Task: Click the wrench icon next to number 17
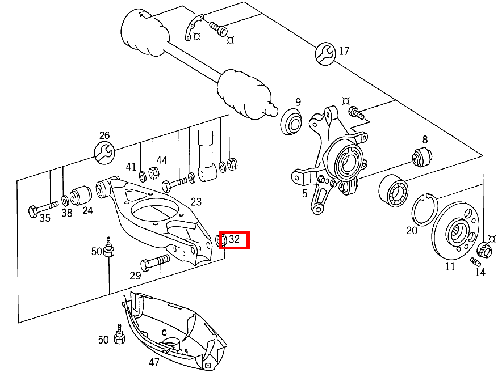click(x=326, y=53)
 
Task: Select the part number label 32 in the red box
click(x=235, y=240)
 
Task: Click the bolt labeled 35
click(x=42, y=209)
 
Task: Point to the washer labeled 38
click(x=66, y=200)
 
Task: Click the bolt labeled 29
click(x=154, y=262)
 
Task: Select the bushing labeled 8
click(x=422, y=156)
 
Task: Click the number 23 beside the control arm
click(x=196, y=201)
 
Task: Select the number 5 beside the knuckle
click(x=304, y=194)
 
